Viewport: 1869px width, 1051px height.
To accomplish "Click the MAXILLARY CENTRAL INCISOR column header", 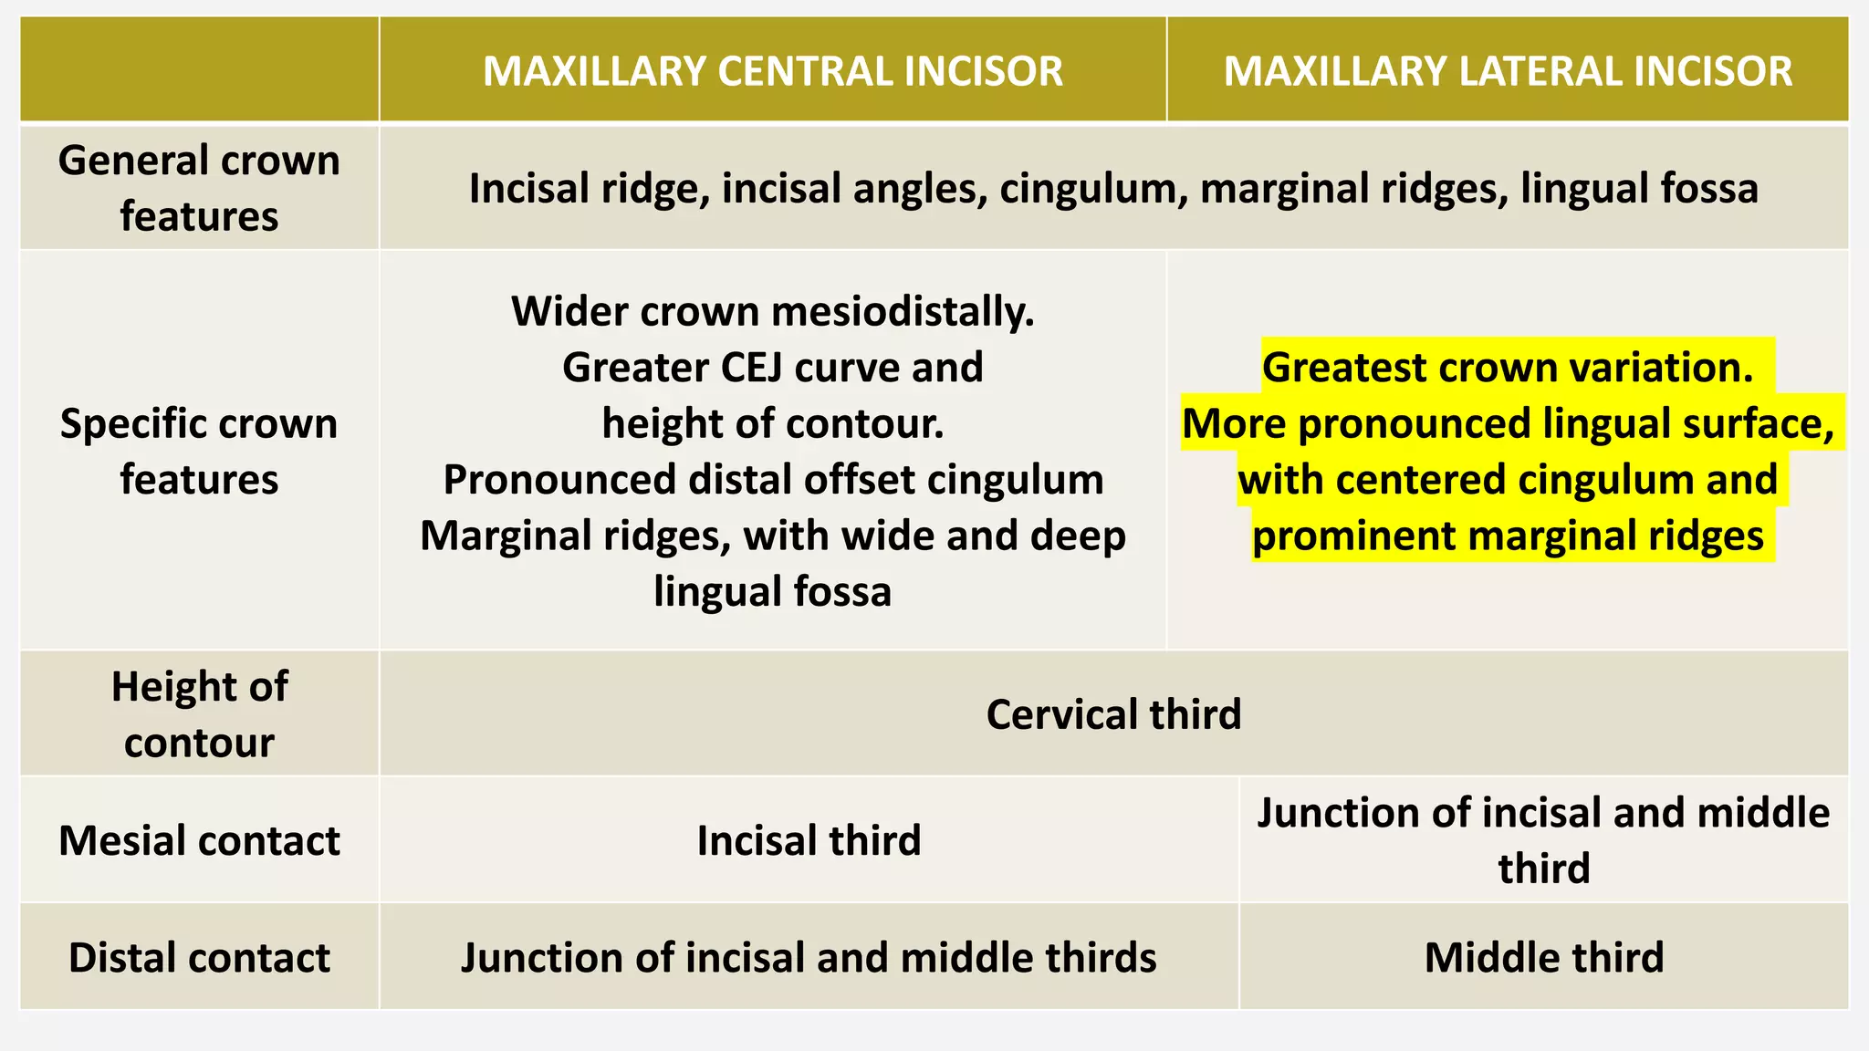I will (772, 71).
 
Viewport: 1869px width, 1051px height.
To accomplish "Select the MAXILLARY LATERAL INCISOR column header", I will (1508, 71).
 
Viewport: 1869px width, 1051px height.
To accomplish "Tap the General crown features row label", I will (199, 188).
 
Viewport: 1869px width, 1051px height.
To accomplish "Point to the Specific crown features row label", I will (199, 451).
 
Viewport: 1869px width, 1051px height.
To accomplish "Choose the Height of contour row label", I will (199, 713).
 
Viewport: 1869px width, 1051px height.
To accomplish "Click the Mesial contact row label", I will (199, 840).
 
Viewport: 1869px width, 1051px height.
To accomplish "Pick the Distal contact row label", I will (199, 957).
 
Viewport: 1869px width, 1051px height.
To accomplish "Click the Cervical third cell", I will (1113, 714).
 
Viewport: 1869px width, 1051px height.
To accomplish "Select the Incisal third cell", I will (809, 840).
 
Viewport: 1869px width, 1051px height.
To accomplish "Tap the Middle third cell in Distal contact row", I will (1544, 957).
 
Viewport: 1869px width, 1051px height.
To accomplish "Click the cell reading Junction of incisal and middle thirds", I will (809, 957).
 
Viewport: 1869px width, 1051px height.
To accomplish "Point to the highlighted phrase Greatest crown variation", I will (1508, 367).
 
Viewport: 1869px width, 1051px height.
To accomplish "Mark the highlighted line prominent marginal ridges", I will (1508, 536).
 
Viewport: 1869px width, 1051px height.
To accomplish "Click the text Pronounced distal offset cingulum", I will (773, 480).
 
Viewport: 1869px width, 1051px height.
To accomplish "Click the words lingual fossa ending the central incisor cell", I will (772, 591).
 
